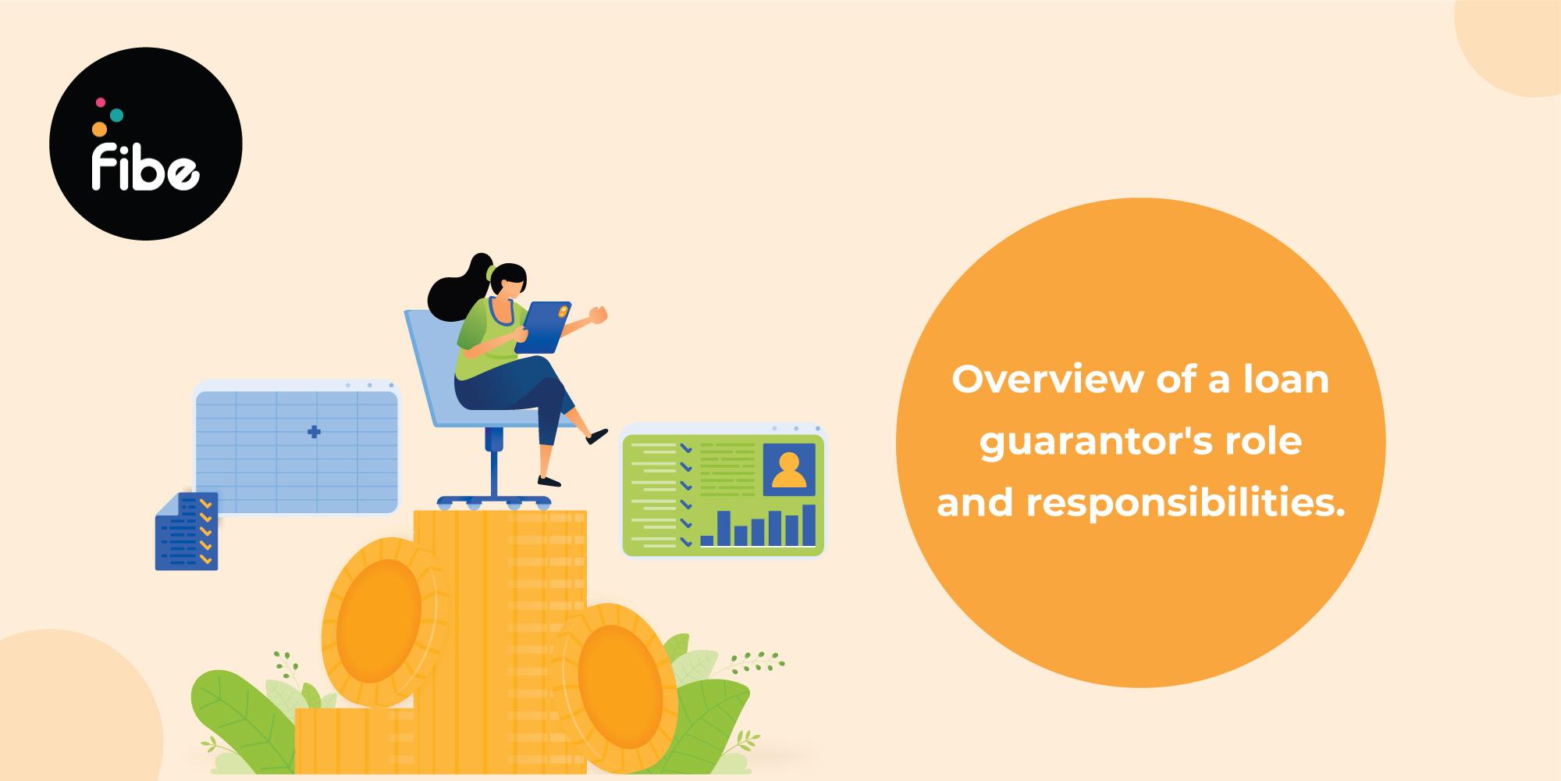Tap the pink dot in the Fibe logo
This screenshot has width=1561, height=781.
click(100, 102)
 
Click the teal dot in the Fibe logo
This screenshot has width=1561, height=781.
click(116, 115)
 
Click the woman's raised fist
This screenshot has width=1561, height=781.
click(599, 314)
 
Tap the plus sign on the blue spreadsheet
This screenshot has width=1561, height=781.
click(314, 432)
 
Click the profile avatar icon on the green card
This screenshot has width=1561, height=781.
click(788, 468)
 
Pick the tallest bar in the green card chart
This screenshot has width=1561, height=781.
click(809, 525)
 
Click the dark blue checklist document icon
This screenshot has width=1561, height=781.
click(187, 531)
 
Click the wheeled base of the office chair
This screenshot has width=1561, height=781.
click(493, 501)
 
